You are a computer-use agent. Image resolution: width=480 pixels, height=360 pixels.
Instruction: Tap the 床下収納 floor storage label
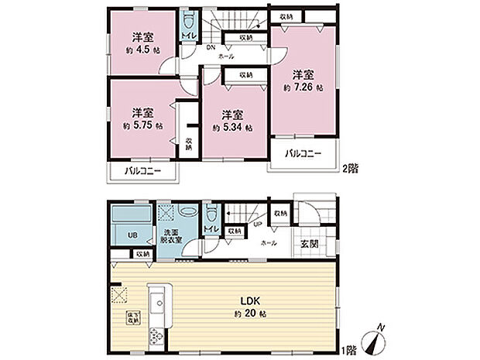point(132,317)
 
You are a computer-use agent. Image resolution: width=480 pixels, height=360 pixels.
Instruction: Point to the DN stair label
point(210,46)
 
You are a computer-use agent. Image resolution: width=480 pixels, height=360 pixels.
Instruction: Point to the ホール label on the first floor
point(269,242)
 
